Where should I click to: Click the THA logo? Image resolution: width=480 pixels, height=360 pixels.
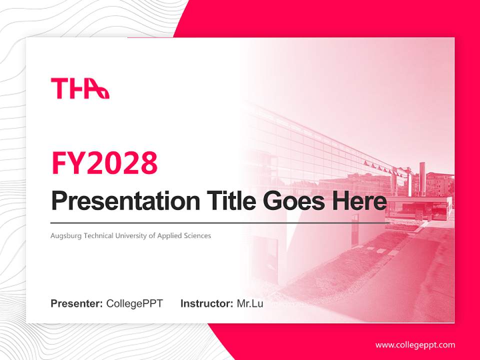tap(80, 88)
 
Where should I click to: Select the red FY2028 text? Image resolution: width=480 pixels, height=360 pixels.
tap(104, 163)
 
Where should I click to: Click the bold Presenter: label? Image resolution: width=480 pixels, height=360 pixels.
tap(77, 303)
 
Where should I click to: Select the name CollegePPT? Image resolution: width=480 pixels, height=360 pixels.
tap(134, 303)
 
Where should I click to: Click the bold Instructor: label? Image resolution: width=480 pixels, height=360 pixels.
tap(206, 303)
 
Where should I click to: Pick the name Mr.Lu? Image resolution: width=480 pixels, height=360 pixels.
tap(250, 303)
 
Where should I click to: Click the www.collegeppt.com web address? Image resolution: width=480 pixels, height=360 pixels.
tap(415, 345)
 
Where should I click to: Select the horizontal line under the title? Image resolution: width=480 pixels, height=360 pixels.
tap(220, 222)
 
